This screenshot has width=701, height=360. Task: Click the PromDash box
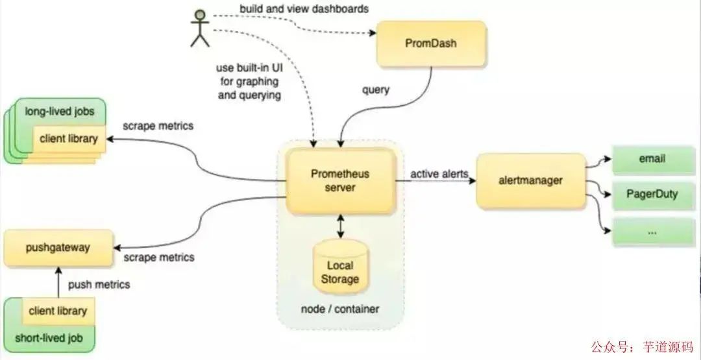[x=431, y=43]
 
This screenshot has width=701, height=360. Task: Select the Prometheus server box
[x=341, y=181]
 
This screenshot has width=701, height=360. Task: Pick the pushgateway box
[x=58, y=248]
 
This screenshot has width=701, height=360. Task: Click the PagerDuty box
[x=652, y=194]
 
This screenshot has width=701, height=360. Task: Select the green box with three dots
[x=652, y=232]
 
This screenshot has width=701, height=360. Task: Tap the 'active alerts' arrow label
[x=439, y=174]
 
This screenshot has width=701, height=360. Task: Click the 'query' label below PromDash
[x=375, y=90]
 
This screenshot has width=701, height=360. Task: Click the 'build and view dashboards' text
[x=304, y=9]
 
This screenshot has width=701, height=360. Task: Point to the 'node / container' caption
[x=340, y=309]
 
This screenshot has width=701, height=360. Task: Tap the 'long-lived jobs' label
[x=60, y=111]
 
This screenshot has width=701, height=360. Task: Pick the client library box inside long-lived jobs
[x=69, y=138]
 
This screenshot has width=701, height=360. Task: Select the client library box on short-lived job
[x=57, y=311]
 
